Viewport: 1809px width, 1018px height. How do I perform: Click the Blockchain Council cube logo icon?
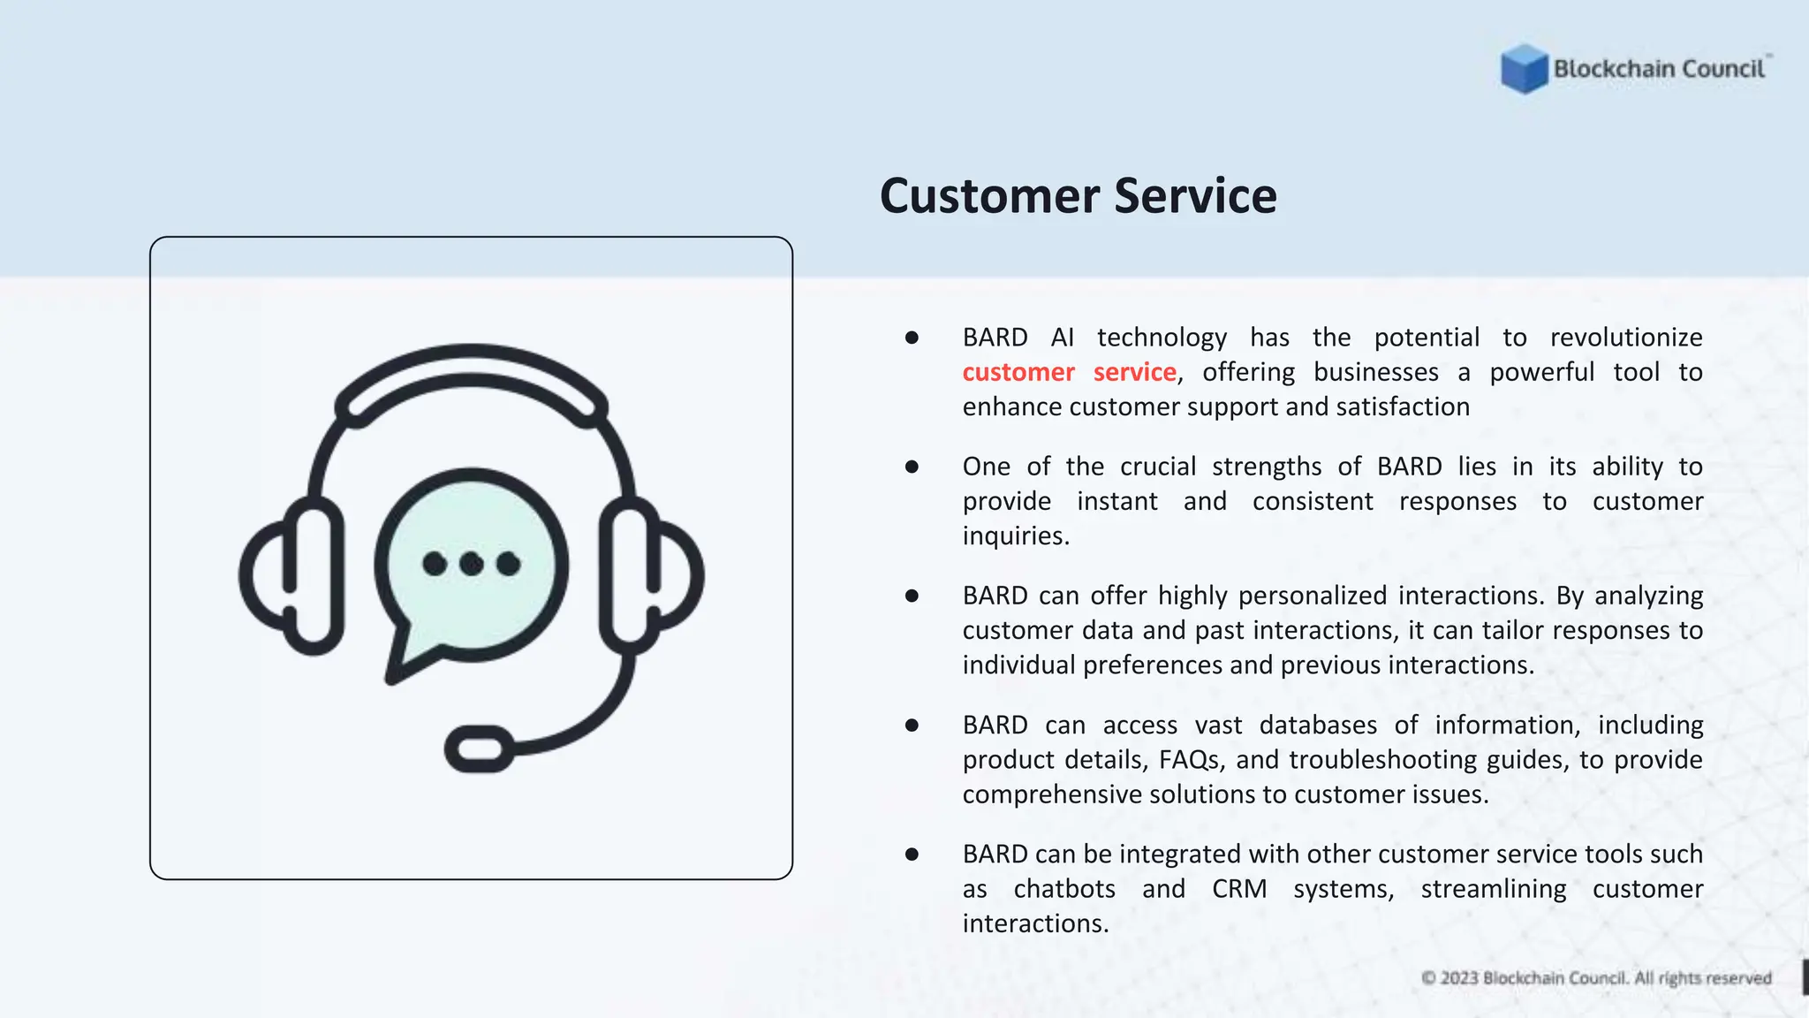pos(1524,68)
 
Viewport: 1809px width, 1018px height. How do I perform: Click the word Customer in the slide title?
pos(989,196)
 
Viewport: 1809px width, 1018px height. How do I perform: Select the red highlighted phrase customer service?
pos(1069,372)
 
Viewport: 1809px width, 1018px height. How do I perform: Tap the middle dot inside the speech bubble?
pos(472,563)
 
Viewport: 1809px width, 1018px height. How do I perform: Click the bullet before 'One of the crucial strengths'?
pos(912,467)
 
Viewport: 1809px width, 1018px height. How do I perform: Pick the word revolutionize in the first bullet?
pos(1626,338)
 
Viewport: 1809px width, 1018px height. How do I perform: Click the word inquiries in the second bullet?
pos(1015,536)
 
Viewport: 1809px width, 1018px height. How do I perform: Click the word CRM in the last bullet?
pos(1238,889)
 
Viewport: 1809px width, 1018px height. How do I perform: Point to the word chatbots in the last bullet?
pos(1064,889)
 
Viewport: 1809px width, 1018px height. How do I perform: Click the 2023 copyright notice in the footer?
pos(1596,978)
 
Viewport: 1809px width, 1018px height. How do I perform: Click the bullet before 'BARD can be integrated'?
pos(912,855)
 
